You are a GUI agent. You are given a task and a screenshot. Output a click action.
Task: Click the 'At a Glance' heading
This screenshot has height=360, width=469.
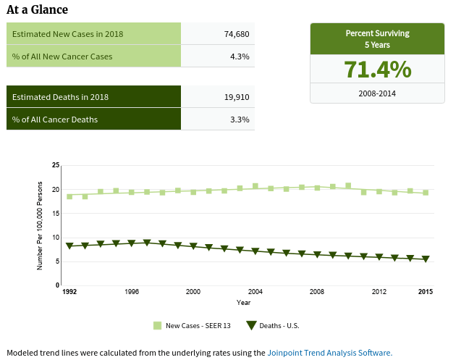tap(37, 9)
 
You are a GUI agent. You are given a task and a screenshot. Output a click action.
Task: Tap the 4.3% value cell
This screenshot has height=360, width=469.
tap(240, 56)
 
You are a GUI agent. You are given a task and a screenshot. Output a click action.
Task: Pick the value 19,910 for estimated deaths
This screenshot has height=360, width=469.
tap(236, 97)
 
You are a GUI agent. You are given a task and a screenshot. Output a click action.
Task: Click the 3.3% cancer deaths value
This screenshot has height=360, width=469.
tap(240, 119)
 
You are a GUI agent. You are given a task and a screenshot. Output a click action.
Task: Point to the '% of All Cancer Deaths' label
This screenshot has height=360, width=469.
tap(55, 119)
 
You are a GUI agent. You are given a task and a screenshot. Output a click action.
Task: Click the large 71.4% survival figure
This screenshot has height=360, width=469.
tap(377, 70)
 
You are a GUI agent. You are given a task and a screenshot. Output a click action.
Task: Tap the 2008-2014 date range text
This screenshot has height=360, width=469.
tap(377, 93)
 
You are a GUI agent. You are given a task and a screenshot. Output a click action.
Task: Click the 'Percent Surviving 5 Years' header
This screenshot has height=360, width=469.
tap(377, 38)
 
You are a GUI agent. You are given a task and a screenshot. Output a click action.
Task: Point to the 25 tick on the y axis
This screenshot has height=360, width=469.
tap(56, 166)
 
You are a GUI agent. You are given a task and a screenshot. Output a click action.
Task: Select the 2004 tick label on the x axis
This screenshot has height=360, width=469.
tap(255, 292)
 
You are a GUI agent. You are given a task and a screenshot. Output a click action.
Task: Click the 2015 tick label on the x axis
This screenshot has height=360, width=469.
tap(426, 292)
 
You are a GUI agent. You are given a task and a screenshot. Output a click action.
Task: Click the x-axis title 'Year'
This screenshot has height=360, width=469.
tap(244, 302)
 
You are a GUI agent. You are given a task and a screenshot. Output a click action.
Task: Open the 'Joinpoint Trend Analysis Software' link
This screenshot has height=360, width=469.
tap(329, 353)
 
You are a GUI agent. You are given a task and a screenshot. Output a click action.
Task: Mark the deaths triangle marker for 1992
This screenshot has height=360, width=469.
tap(69, 246)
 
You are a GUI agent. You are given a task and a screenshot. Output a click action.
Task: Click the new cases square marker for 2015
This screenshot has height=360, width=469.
tap(426, 193)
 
